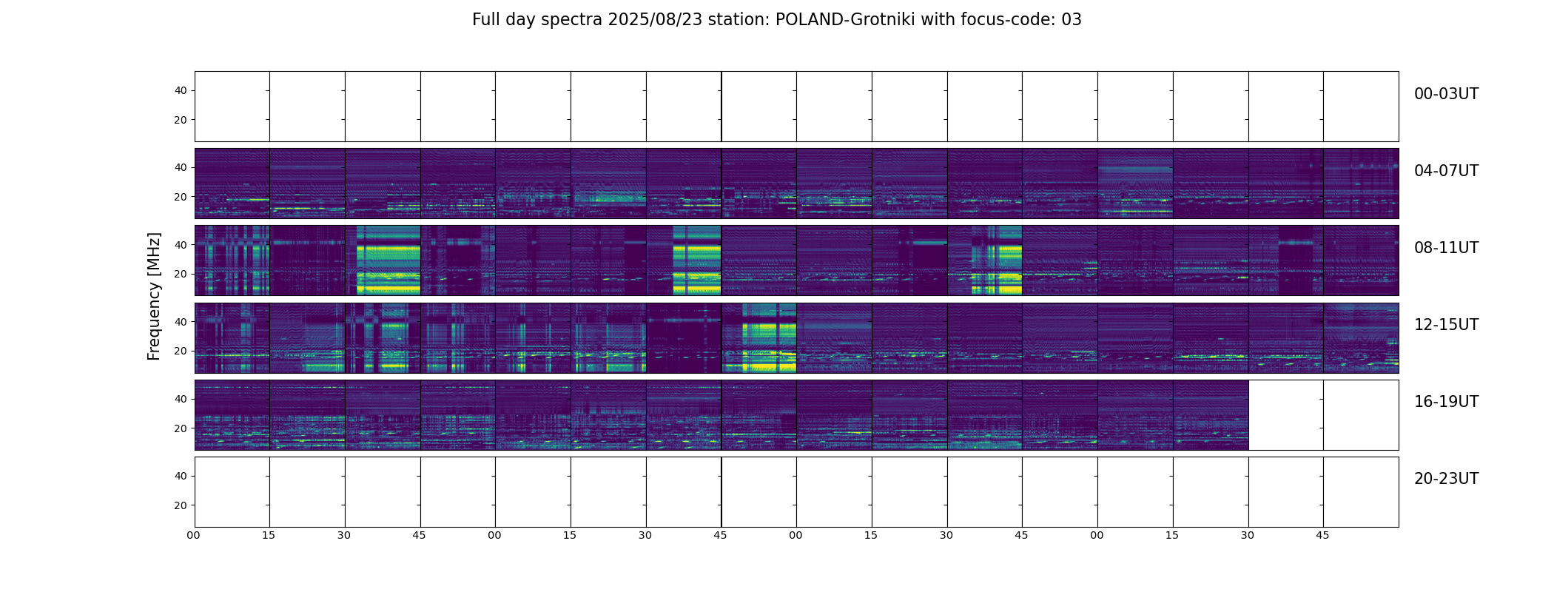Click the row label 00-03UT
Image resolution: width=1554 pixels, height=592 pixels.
point(1445,94)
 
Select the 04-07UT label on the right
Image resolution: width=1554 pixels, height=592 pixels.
point(1445,171)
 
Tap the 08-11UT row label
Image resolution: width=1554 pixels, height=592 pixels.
point(1445,248)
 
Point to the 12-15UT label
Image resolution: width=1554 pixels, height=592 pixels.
point(1445,325)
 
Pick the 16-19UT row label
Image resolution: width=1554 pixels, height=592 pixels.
point(1445,402)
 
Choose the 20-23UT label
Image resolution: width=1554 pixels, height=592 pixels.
point(1445,479)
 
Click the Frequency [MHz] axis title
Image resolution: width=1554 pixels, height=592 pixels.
point(154,296)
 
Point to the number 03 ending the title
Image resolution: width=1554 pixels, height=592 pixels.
point(1072,20)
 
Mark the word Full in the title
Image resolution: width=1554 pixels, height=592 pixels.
point(486,20)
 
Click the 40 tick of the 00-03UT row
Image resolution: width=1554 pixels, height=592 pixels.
point(181,91)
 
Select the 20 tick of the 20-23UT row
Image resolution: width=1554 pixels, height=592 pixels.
point(181,505)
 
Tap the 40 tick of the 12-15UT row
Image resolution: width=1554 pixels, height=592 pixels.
point(181,322)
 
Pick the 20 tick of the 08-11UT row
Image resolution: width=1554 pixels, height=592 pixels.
point(181,275)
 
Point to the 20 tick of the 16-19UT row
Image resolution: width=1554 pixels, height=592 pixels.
point(181,428)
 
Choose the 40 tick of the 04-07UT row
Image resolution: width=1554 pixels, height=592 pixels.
point(181,168)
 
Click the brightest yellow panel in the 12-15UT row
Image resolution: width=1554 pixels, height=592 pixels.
point(759,337)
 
